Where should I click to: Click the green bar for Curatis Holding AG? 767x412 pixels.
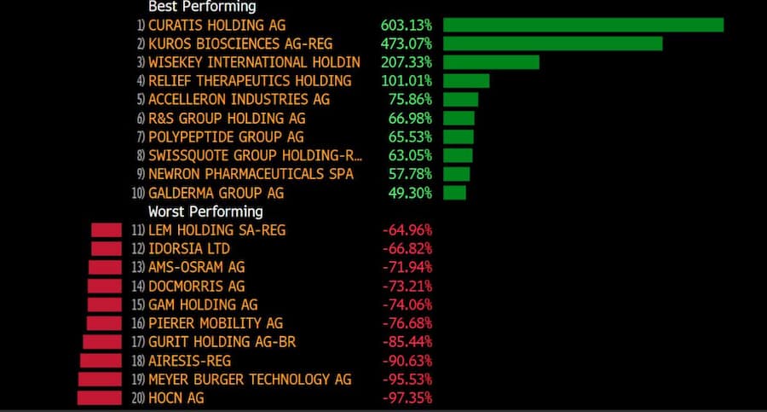[583, 25]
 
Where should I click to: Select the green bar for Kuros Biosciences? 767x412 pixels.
[552, 44]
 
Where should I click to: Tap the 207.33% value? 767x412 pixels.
[407, 62]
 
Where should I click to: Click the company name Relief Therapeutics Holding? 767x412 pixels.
[250, 81]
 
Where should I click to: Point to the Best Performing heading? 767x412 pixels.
[202, 6]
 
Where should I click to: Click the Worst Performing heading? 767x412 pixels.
[205, 212]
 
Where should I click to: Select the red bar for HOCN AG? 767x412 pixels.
[100, 397]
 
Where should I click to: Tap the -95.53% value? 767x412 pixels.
[407, 379]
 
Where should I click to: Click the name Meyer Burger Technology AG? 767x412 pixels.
[250, 379]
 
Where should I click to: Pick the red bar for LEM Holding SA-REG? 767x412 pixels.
[107, 229]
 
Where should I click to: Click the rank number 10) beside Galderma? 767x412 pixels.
[139, 194]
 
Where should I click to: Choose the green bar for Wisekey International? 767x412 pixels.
[491, 62]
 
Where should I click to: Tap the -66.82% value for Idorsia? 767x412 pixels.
[407, 248]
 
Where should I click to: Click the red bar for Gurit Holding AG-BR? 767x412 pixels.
[102, 341]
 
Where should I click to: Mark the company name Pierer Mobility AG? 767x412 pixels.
[216, 323]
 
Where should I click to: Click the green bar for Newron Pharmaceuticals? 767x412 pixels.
[456, 174]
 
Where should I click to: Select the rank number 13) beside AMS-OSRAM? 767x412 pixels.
[138, 267]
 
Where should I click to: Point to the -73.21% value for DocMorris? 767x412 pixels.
[407, 286]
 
